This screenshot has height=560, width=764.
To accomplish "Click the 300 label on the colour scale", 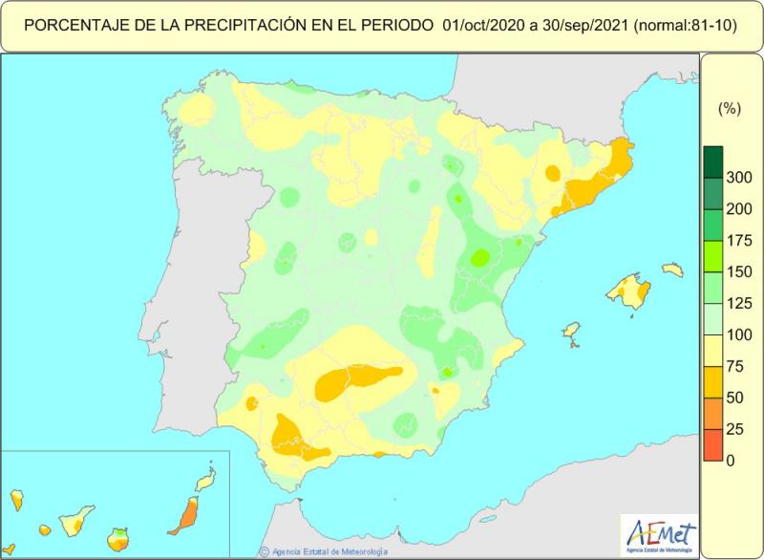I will [737, 179].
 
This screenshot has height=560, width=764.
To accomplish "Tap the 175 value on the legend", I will [737, 242].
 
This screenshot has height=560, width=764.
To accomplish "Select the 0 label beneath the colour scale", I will [731, 460].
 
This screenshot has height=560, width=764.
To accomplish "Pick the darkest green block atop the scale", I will [712, 162].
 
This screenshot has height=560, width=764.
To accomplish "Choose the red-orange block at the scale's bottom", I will [712, 444].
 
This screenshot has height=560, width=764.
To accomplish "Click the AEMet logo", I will [659, 533].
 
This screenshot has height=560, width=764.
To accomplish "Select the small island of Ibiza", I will [572, 331].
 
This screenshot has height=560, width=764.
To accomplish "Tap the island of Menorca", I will [673, 270].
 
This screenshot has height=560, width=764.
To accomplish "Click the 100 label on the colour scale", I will [737, 335].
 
